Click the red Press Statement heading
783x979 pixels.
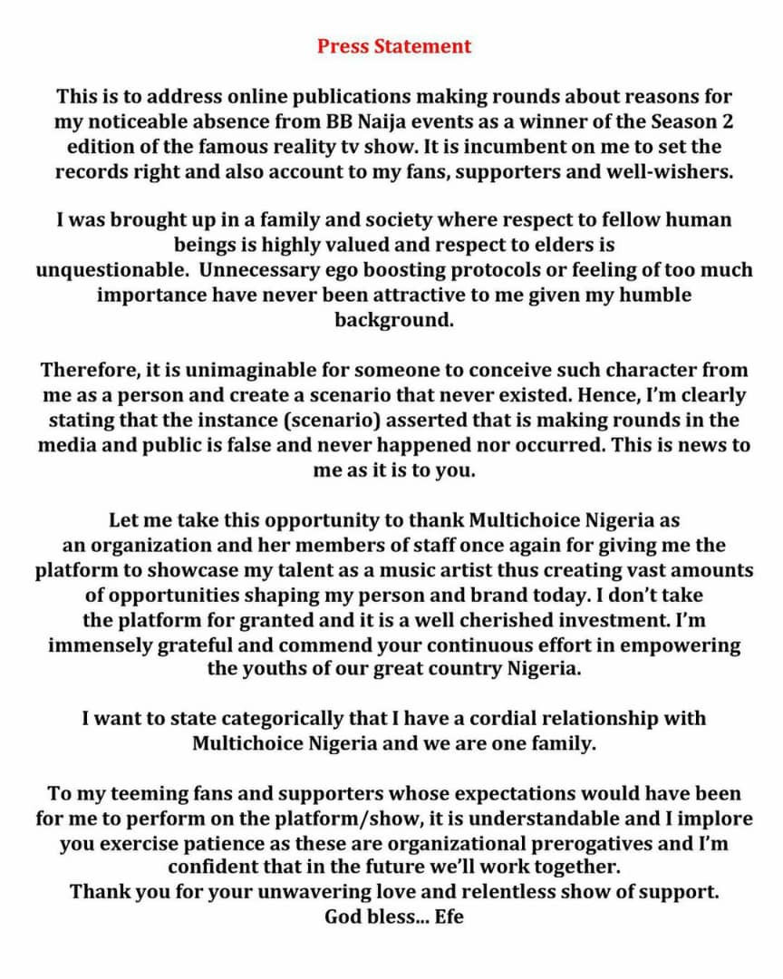[394, 46]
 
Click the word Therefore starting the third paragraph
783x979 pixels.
[82, 370]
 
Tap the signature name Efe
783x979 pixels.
[449, 916]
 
